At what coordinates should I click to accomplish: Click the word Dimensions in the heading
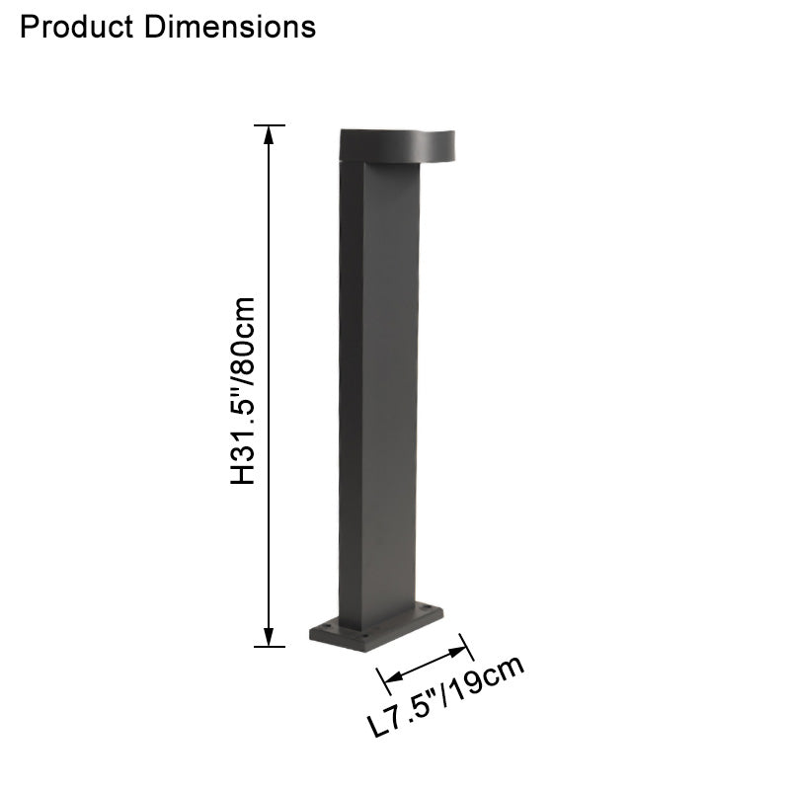[229, 27]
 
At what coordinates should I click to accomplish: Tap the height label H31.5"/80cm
[243, 390]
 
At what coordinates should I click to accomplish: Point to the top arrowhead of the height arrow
[269, 134]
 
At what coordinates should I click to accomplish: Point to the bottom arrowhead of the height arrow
[269, 638]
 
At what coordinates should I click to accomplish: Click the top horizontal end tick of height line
[269, 125]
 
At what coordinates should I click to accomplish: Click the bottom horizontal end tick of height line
[269, 647]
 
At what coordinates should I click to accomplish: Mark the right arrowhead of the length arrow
[459, 651]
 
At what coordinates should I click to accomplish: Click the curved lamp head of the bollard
[395, 145]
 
